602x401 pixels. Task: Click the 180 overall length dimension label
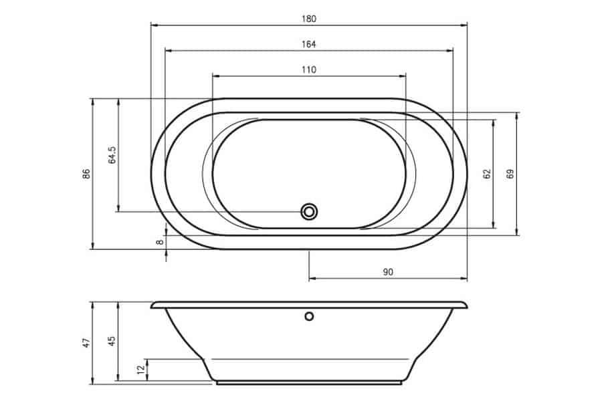[308, 19]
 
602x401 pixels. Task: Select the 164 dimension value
[308, 45]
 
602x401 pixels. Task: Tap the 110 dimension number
[308, 70]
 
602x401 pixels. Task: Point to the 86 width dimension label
[87, 174]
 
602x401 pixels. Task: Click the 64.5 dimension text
[112, 155]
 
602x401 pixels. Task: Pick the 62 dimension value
[487, 174]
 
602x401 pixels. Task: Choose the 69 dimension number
[510, 174]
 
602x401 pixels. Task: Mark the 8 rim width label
[160, 242]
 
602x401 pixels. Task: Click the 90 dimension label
[388, 272]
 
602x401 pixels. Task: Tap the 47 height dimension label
[87, 343]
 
